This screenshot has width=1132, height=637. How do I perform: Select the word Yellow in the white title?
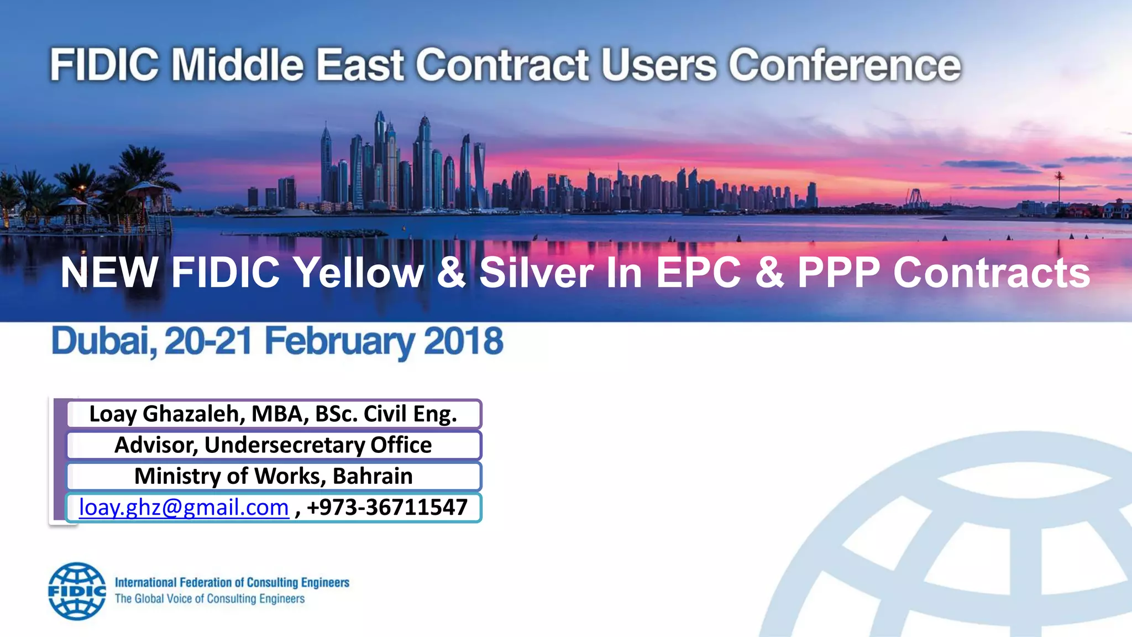(x=358, y=273)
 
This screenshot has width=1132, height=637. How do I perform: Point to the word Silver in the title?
(x=536, y=273)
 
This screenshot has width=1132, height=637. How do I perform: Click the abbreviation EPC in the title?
(x=699, y=273)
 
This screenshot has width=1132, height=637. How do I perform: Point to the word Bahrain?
(x=373, y=476)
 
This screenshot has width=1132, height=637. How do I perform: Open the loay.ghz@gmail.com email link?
(x=184, y=508)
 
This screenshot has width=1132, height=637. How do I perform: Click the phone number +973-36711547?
(x=387, y=508)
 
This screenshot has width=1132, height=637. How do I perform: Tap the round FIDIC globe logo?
(x=77, y=591)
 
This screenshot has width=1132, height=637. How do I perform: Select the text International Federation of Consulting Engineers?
(x=232, y=583)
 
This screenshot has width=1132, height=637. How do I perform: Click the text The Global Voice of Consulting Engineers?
(x=209, y=599)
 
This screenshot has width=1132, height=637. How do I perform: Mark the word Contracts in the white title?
(x=992, y=273)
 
